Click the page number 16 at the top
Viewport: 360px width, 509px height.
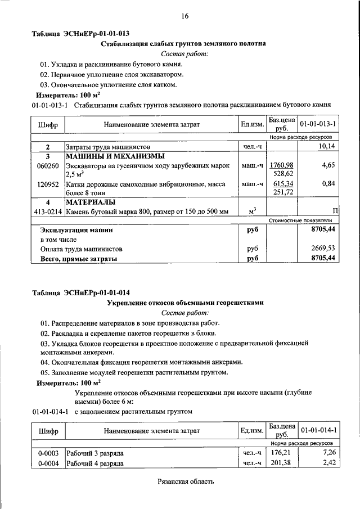184,16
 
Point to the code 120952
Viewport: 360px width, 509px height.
48,183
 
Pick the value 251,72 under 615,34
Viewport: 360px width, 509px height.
282,192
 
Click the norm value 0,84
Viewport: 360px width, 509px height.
328,183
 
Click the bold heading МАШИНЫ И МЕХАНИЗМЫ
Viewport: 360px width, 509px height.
115,156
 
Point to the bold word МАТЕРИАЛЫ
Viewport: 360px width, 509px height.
91,202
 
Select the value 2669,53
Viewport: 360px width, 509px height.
323,248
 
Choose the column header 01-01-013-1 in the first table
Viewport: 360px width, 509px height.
318,123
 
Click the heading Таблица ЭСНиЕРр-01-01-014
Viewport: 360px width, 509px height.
81,292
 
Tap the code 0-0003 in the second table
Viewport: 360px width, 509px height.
48,453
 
